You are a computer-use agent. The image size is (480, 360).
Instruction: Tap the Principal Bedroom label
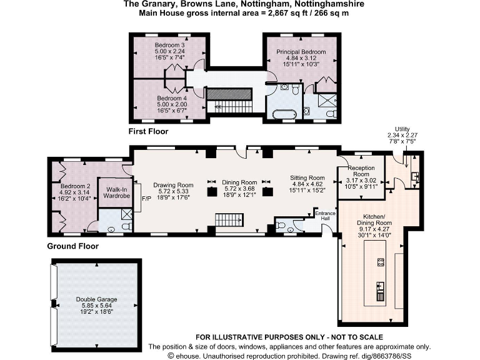[x=302, y=51]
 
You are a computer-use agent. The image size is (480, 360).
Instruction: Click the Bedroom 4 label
[x=172, y=98]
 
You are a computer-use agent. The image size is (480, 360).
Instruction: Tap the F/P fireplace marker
[x=146, y=198]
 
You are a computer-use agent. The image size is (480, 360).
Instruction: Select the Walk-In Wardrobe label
[x=116, y=192]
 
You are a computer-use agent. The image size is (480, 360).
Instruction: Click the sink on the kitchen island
[x=379, y=289]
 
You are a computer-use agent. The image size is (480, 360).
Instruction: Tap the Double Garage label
[x=97, y=299]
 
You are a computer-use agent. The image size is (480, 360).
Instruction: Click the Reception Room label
[x=361, y=171]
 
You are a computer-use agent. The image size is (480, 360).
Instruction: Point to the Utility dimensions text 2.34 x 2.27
[x=402, y=136]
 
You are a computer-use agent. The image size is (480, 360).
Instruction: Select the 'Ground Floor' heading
[x=72, y=246]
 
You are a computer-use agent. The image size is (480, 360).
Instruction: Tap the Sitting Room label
[x=307, y=177]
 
